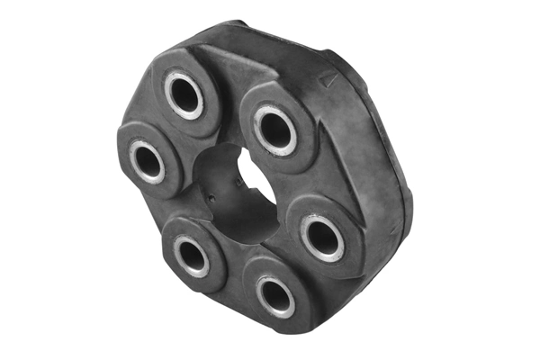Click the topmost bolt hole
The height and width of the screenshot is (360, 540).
pos(184,94)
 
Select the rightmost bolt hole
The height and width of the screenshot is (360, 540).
pos(320,237)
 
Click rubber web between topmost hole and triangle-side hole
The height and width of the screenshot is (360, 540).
pos(229,99)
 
